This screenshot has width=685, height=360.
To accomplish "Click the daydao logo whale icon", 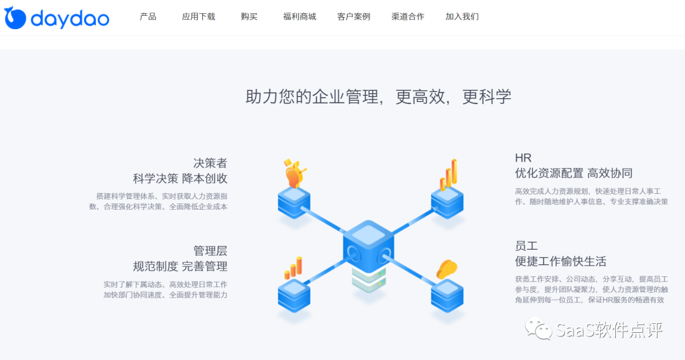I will pyautogui.click(x=15, y=18).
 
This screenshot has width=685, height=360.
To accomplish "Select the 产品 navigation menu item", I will pyautogui.click(x=148, y=16).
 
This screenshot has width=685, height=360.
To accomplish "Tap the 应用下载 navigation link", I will pyautogui.click(x=199, y=16).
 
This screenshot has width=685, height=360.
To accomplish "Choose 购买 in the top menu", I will pyautogui.click(x=249, y=16).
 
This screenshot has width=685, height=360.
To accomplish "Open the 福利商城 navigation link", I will pyautogui.click(x=299, y=16).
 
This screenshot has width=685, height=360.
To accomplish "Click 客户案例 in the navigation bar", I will pyautogui.click(x=354, y=16).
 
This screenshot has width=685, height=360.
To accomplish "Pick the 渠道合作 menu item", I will pyautogui.click(x=408, y=16).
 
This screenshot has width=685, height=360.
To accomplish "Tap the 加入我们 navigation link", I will pyautogui.click(x=462, y=16).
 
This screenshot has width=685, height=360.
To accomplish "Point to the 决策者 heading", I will pyautogui.click(x=210, y=163).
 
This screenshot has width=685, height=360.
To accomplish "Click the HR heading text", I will pyautogui.click(x=523, y=158).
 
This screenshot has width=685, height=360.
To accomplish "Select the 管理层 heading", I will pyautogui.click(x=210, y=250).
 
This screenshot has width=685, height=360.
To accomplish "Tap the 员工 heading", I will pyautogui.click(x=526, y=246).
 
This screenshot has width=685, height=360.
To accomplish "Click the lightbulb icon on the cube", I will pyautogui.click(x=293, y=174).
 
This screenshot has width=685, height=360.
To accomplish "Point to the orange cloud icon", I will pyautogui.click(x=447, y=269).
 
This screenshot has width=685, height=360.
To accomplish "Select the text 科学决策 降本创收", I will pyautogui.click(x=180, y=179).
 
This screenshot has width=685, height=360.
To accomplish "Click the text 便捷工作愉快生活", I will pyautogui.click(x=561, y=261).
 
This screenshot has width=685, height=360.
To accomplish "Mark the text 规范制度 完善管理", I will pyautogui.click(x=180, y=266).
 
